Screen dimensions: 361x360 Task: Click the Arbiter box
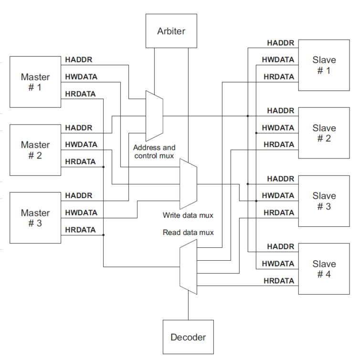[x=171, y=32]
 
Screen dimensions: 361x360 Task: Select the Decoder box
[x=188, y=337]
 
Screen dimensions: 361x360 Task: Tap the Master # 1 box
[x=35, y=82]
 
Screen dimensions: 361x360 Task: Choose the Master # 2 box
[x=35, y=150]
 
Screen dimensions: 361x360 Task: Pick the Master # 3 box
[x=35, y=218]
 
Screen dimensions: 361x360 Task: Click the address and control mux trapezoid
[x=154, y=116]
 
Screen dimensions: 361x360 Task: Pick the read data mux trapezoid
[x=188, y=267]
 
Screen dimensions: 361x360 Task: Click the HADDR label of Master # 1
[x=78, y=60]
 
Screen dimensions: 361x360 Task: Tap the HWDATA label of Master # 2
[x=81, y=144]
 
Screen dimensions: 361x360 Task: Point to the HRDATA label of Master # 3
[x=80, y=230]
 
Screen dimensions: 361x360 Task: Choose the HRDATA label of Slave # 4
[x=279, y=281]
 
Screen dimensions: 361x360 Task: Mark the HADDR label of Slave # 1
[x=281, y=43]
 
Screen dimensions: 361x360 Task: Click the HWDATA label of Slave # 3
[x=278, y=195]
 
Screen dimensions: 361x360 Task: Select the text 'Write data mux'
[x=188, y=215]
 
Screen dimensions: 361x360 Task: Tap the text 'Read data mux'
[x=188, y=233]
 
